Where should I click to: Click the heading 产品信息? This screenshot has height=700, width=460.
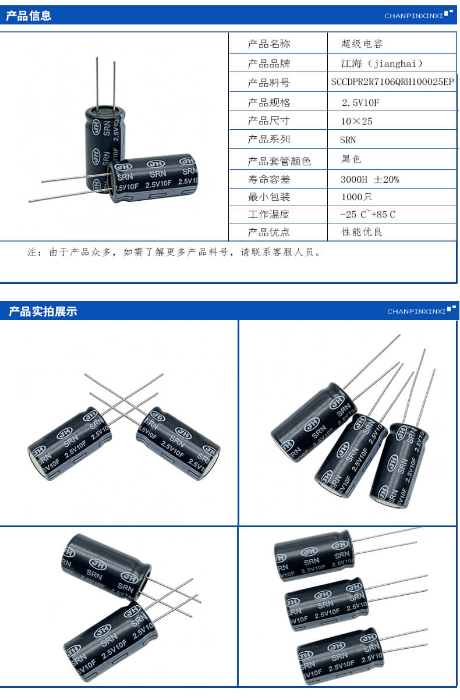29,16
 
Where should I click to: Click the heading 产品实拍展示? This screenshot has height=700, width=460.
43,311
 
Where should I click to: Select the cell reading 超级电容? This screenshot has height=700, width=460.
362,44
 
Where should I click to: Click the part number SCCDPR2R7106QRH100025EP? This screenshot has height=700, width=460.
392,82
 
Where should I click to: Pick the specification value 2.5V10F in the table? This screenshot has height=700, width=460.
361,102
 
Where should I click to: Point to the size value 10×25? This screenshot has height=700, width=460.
357,121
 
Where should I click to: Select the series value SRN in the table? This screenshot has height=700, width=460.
348,140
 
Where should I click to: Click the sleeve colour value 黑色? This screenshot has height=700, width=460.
352,159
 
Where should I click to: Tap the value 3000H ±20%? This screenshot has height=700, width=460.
370,179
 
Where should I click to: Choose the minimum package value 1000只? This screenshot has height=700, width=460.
356,197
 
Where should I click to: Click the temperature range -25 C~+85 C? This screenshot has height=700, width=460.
367,214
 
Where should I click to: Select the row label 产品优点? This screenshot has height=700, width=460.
268,232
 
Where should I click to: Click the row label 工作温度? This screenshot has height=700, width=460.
268,214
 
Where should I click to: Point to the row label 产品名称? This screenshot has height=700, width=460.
268,44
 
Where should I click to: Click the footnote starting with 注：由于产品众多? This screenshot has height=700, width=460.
174,253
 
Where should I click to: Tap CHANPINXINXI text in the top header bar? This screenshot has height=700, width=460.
413,16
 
